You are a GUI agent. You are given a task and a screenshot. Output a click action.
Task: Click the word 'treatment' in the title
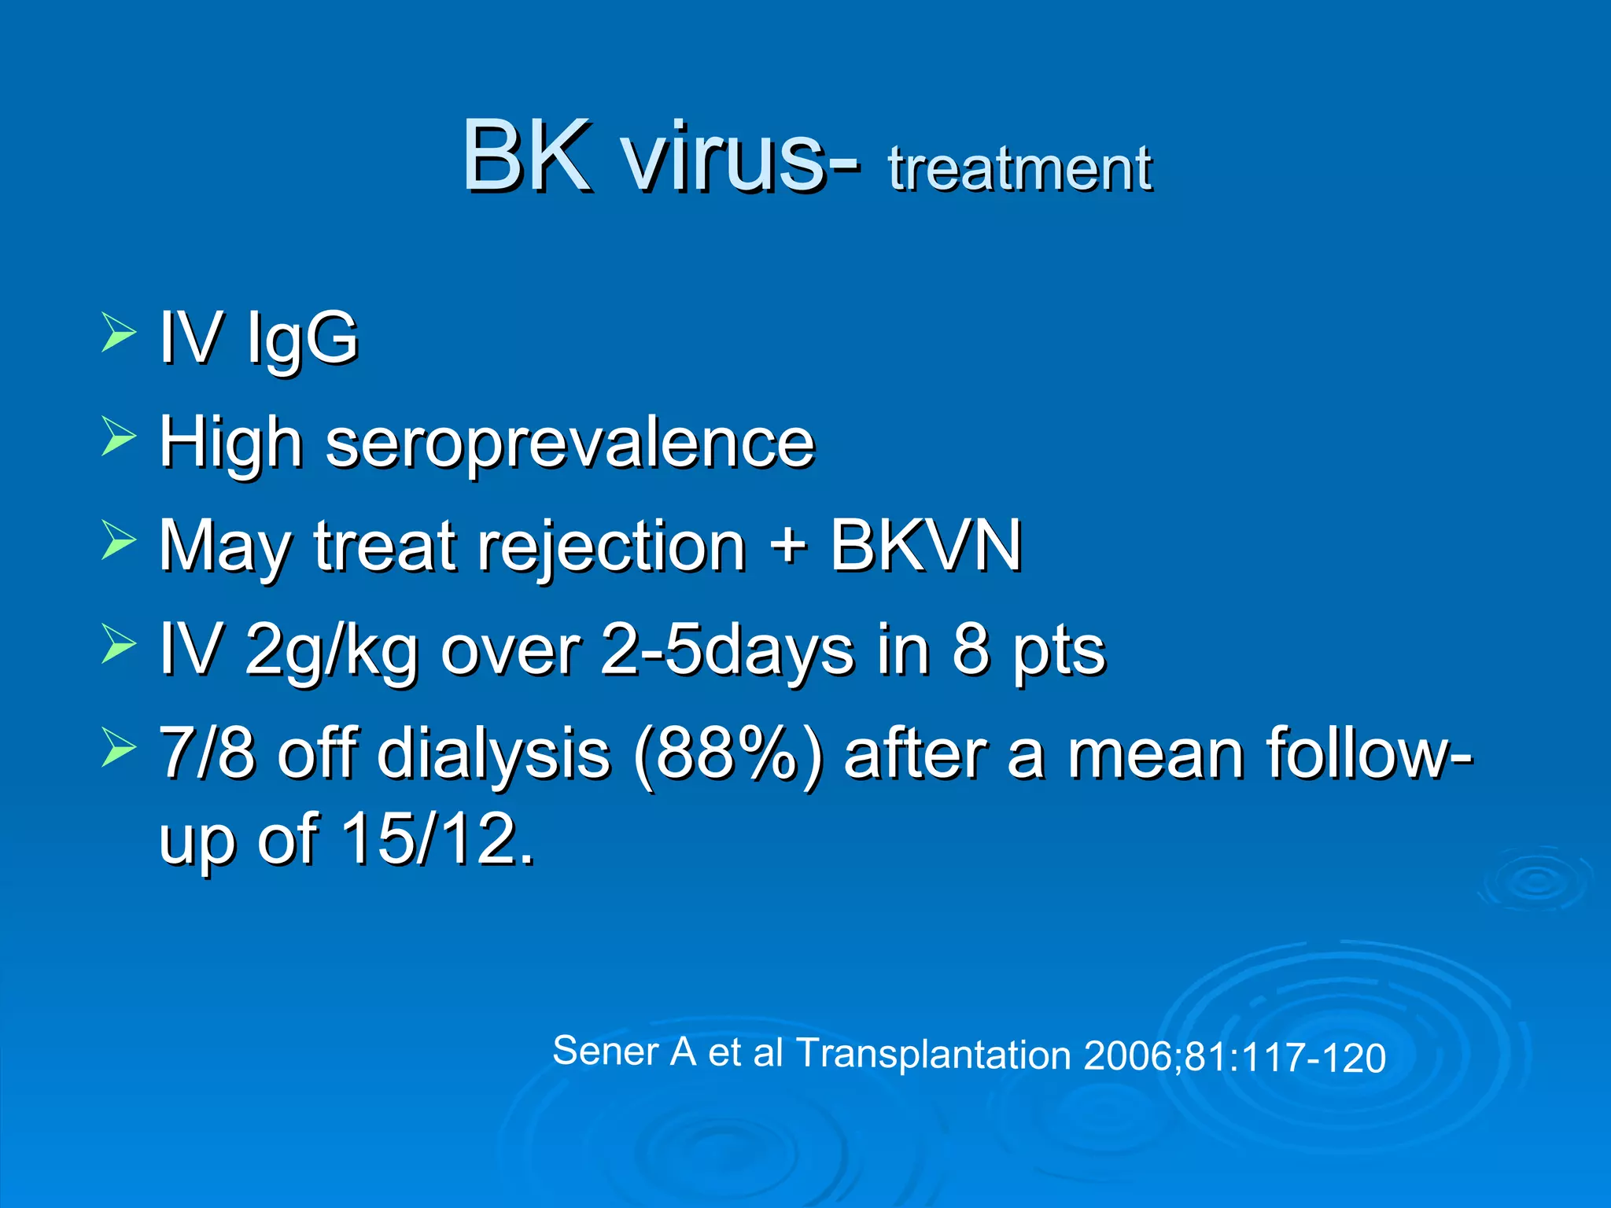pos(1019,169)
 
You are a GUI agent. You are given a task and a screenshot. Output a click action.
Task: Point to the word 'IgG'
pos(302,338)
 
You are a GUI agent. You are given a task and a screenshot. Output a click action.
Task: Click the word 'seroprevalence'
pos(570,442)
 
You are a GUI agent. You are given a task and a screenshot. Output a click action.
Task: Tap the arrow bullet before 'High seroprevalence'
pos(119,436)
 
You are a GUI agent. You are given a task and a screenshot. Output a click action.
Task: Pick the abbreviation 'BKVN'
pos(926,545)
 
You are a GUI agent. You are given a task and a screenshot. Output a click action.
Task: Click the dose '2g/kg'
pos(331,651)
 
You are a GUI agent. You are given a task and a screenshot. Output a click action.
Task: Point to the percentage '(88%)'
pos(728,755)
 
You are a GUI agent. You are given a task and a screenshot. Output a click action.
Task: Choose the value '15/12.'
pos(437,838)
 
